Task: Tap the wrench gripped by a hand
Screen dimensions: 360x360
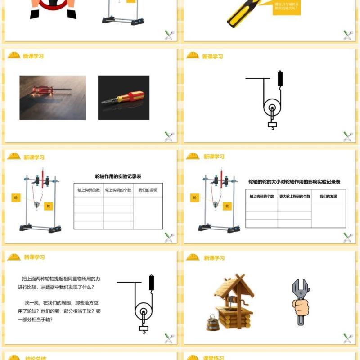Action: tap(300, 301)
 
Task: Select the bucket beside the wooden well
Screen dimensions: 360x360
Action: tap(213, 323)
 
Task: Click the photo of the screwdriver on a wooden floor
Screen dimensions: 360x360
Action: tap(53, 97)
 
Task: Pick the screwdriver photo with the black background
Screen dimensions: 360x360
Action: tap(124, 97)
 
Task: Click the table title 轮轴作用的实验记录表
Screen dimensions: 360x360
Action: tap(118, 176)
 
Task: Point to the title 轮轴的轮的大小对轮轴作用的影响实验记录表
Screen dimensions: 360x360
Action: tap(294, 182)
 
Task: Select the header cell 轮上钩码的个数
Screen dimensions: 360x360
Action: tap(118, 190)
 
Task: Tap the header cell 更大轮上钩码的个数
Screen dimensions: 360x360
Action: tap(294, 196)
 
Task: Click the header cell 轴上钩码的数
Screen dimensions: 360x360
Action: tap(89, 190)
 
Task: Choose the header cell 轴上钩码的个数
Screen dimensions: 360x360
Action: tap(261, 196)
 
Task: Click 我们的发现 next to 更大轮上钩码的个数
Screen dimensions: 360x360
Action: tap(328, 196)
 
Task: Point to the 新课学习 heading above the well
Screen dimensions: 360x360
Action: tap(214, 258)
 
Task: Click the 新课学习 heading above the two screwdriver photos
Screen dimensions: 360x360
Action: tap(34, 56)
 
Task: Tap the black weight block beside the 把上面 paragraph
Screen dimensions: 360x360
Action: tap(152, 282)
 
